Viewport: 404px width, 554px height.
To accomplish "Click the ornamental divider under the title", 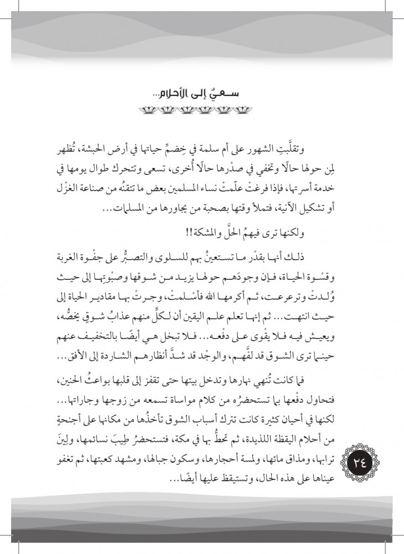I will (201, 109).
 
